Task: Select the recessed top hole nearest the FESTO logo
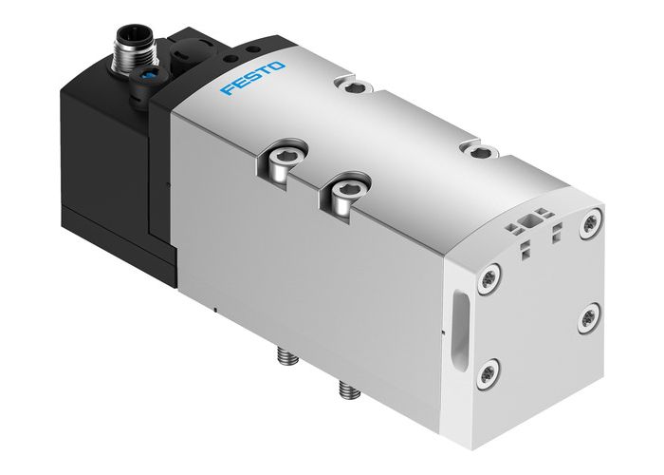pos(355,88)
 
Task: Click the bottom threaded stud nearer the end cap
pos(343,389)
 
